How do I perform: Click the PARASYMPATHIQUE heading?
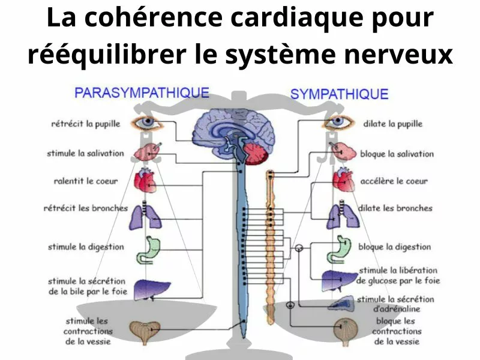coord(142,93)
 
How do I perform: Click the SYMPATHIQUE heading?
coord(339,94)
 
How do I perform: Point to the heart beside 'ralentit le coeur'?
coord(146,180)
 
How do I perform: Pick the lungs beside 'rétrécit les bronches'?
coord(146,216)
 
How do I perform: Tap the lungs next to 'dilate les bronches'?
coord(341,216)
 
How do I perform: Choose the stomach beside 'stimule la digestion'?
coord(146,250)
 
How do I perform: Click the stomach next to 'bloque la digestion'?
coord(337,250)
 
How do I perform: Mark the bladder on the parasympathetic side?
coord(146,331)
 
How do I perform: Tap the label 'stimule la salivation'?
coord(85,154)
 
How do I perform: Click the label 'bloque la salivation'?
coord(397,154)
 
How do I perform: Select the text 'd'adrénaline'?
coord(397,309)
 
